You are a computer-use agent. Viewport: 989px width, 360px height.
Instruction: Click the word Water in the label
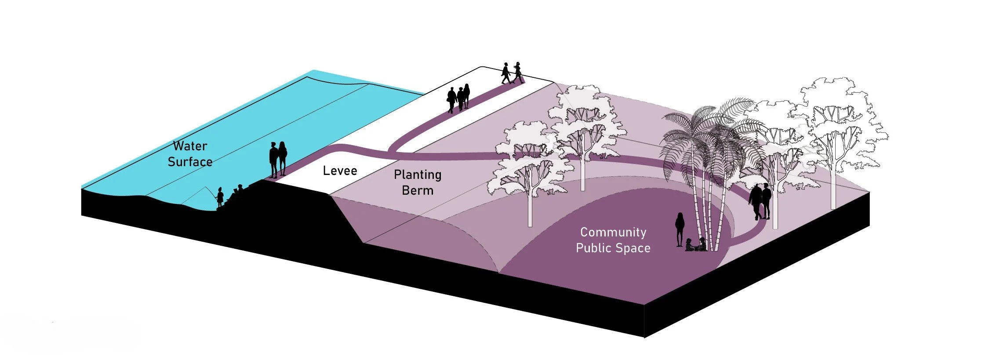(x=190, y=146)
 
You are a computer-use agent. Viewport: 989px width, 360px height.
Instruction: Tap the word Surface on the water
(x=190, y=162)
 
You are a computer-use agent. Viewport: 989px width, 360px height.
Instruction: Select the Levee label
(x=340, y=171)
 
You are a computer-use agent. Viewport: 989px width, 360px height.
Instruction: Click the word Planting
(x=417, y=175)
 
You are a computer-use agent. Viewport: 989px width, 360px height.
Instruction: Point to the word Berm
(x=417, y=191)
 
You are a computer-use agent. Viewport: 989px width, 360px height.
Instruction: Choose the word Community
(x=613, y=232)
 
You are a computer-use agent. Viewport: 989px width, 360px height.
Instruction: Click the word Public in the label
(x=592, y=248)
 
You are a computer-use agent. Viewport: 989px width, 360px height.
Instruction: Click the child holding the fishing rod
(x=220, y=197)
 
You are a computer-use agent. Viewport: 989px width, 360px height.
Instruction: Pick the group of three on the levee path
(x=458, y=98)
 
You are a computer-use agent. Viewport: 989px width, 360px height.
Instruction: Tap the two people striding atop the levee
(x=513, y=73)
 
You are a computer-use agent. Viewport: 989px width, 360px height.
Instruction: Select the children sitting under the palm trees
(x=695, y=245)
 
